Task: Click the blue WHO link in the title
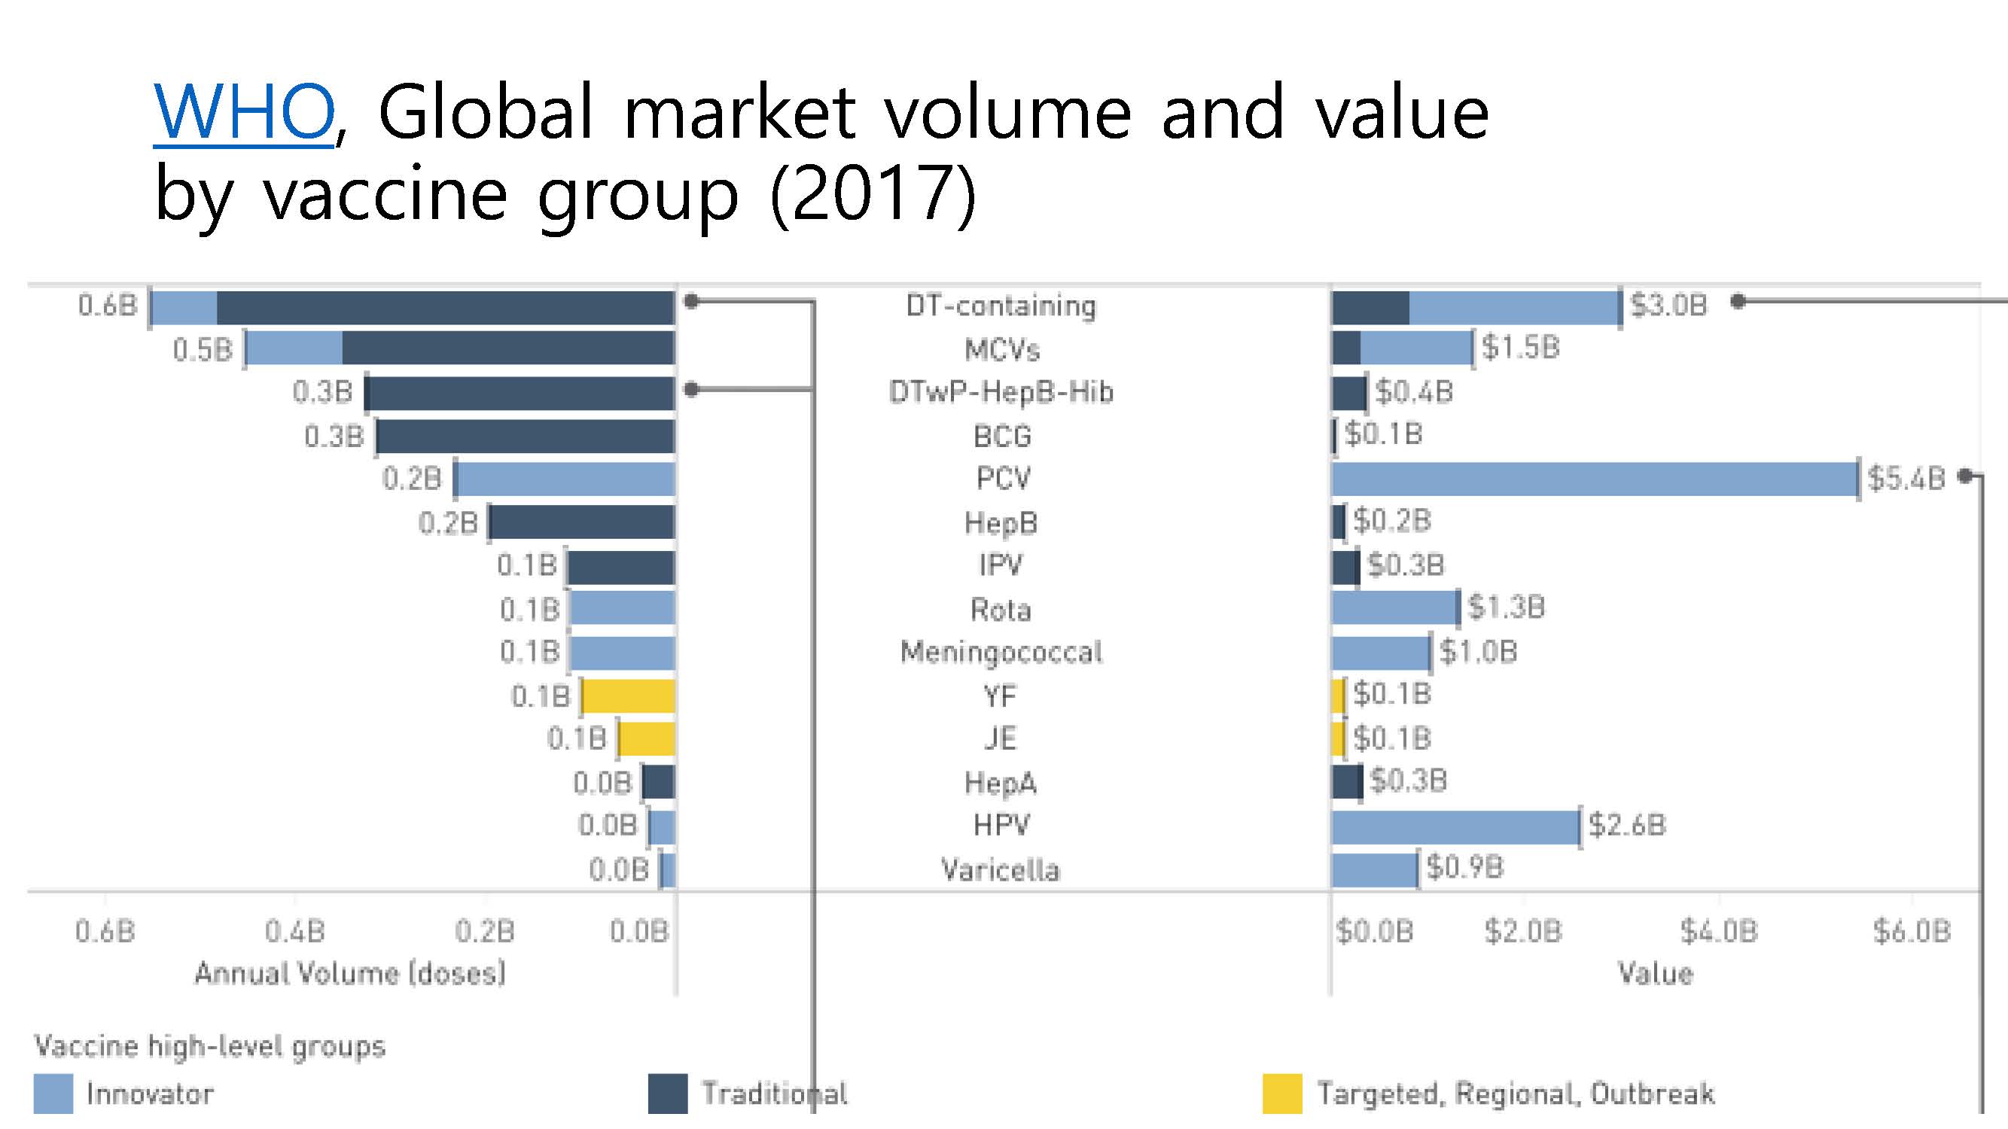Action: click(243, 113)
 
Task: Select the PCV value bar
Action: click(1595, 479)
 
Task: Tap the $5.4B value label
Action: click(1906, 479)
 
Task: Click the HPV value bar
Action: click(1455, 826)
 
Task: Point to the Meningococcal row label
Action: click(1001, 652)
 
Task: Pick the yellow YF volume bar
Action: click(628, 695)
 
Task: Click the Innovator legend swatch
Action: click(53, 1093)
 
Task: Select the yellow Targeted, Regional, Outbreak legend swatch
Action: click(1281, 1093)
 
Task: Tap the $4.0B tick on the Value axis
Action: click(1719, 931)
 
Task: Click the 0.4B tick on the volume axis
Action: click(294, 931)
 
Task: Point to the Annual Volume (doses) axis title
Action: click(350, 973)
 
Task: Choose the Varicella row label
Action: click(1000, 869)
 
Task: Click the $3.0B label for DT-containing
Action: click(1668, 306)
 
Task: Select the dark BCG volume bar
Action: click(526, 437)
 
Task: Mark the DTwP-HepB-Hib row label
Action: click(1001, 392)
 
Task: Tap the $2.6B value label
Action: click(1627, 825)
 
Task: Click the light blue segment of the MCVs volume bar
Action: click(294, 348)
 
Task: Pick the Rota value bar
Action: click(1394, 607)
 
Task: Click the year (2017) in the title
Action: click(873, 194)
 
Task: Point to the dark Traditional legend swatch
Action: click(667, 1093)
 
